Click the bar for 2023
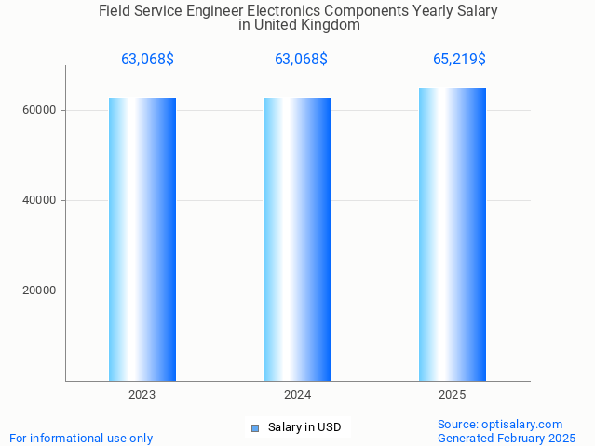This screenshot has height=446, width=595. click(x=142, y=239)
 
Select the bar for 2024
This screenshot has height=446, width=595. click(x=297, y=239)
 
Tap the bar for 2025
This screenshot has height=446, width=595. click(x=453, y=234)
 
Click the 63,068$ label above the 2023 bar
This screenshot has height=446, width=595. click(x=147, y=60)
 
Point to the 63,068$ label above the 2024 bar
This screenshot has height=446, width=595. click(x=301, y=60)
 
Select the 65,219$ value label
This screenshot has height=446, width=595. click(x=459, y=60)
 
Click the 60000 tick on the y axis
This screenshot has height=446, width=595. click(x=39, y=110)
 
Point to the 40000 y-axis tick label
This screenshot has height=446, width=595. click(x=39, y=200)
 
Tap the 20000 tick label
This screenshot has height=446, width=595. click(x=39, y=291)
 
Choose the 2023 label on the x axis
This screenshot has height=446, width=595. click(x=142, y=395)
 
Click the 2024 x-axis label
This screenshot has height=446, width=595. click(x=297, y=395)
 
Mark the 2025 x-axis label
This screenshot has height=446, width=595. click(x=453, y=395)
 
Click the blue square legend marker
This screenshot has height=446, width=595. click(x=255, y=428)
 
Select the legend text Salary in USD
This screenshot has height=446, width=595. click(x=304, y=428)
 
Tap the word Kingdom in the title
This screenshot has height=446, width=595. click(x=330, y=25)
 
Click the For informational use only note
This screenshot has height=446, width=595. click(x=81, y=438)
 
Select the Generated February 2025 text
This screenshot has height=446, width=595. click(x=507, y=438)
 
